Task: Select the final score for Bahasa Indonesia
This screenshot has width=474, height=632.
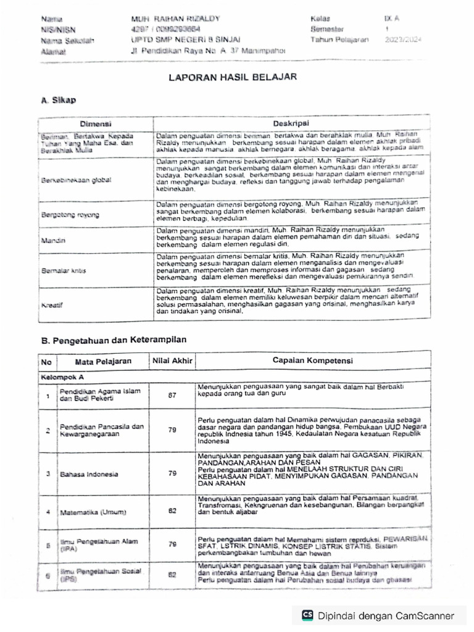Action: (x=172, y=473)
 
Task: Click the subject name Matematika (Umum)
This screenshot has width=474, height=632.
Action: (x=93, y=512)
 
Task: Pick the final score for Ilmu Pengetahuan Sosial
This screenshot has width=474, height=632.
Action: (x=172, y=574)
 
